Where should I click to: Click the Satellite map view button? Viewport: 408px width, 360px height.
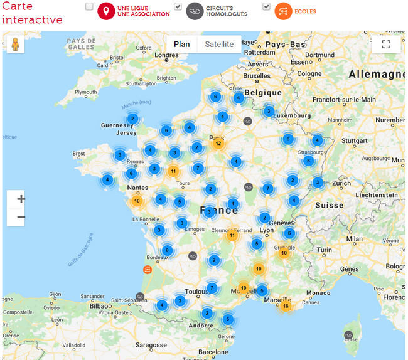pos(219,45)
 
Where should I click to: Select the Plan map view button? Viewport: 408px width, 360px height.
pos(181,45)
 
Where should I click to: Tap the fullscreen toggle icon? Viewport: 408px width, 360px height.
pos(386,45)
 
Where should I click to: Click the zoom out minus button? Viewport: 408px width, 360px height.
pos(21,217)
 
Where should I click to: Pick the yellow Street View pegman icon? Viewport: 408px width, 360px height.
pos(15,45)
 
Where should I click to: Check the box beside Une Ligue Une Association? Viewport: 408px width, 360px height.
pos(89,7)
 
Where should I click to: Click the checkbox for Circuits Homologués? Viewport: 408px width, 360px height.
pos(178,7)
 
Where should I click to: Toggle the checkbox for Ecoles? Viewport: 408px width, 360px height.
pos(267,7)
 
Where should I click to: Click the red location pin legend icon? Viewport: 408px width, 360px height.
pos(106,11)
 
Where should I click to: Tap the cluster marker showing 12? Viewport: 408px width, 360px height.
pos(218,144)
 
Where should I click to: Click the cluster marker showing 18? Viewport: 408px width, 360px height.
pos(286,306)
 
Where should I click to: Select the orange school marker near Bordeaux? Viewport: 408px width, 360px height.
pos(148,270)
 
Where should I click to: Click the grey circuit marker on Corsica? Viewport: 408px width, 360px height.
pos(349,336)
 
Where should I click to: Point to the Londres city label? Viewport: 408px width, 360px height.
pos(167,55)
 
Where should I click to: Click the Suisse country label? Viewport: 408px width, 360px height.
pos(330,205)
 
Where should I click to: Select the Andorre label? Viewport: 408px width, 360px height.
pos(201,326)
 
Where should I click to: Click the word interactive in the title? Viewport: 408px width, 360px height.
pos(33,19)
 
